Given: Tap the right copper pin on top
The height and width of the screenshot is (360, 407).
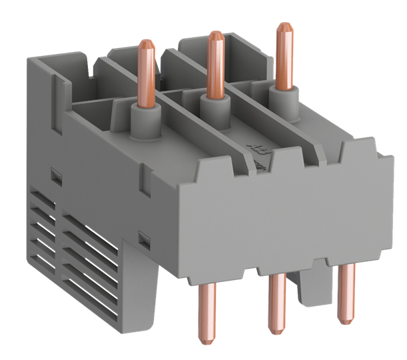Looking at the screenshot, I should (x=284, y=57).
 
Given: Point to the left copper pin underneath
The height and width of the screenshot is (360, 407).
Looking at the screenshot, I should (x=203, y=313).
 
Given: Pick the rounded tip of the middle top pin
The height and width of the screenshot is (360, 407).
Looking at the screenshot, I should (x=214, y=34).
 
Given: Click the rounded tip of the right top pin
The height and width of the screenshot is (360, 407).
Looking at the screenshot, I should (x=284, y=27).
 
